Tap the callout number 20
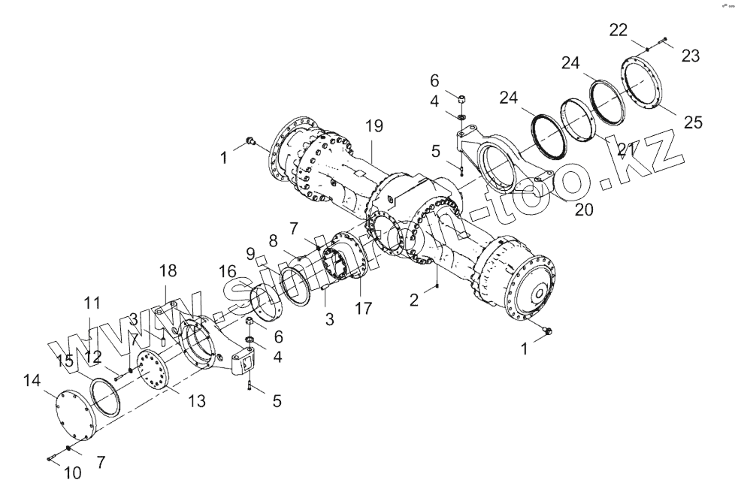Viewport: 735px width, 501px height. [x=583, y=210]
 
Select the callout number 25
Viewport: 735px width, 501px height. [x=693, y=122]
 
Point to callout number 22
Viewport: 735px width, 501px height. [x=619, y=30]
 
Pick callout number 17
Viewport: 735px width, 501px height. [x=363, y=308]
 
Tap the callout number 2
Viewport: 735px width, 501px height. [x=414, y=300]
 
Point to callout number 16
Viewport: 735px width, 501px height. [x=228, y=272]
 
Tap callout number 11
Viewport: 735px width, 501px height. [x=92, y=303]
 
